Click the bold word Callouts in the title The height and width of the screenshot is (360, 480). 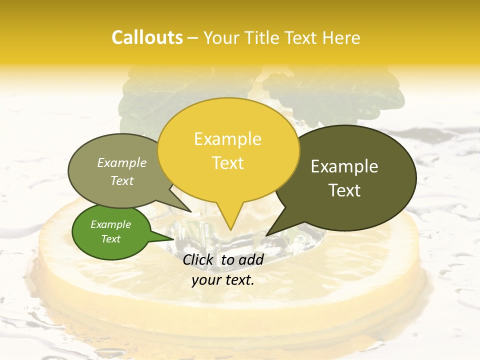147,37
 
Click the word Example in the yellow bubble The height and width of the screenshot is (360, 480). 227,139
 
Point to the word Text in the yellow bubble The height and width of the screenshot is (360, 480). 227,163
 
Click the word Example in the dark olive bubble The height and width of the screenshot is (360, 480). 344,166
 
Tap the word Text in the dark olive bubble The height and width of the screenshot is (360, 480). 344,190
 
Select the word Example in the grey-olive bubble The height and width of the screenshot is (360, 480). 122,162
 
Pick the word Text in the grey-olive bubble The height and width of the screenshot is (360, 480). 122,180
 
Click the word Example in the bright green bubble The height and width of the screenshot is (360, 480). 111,224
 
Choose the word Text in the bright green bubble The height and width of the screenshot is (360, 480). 111,239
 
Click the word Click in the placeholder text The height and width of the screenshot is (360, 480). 199,259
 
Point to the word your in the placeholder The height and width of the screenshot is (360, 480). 205,280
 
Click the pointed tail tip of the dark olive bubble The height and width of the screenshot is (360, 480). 266,235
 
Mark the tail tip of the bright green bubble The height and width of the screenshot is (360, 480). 174,238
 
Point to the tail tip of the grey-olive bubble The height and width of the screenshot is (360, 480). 191,212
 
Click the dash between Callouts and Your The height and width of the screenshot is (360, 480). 193,38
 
